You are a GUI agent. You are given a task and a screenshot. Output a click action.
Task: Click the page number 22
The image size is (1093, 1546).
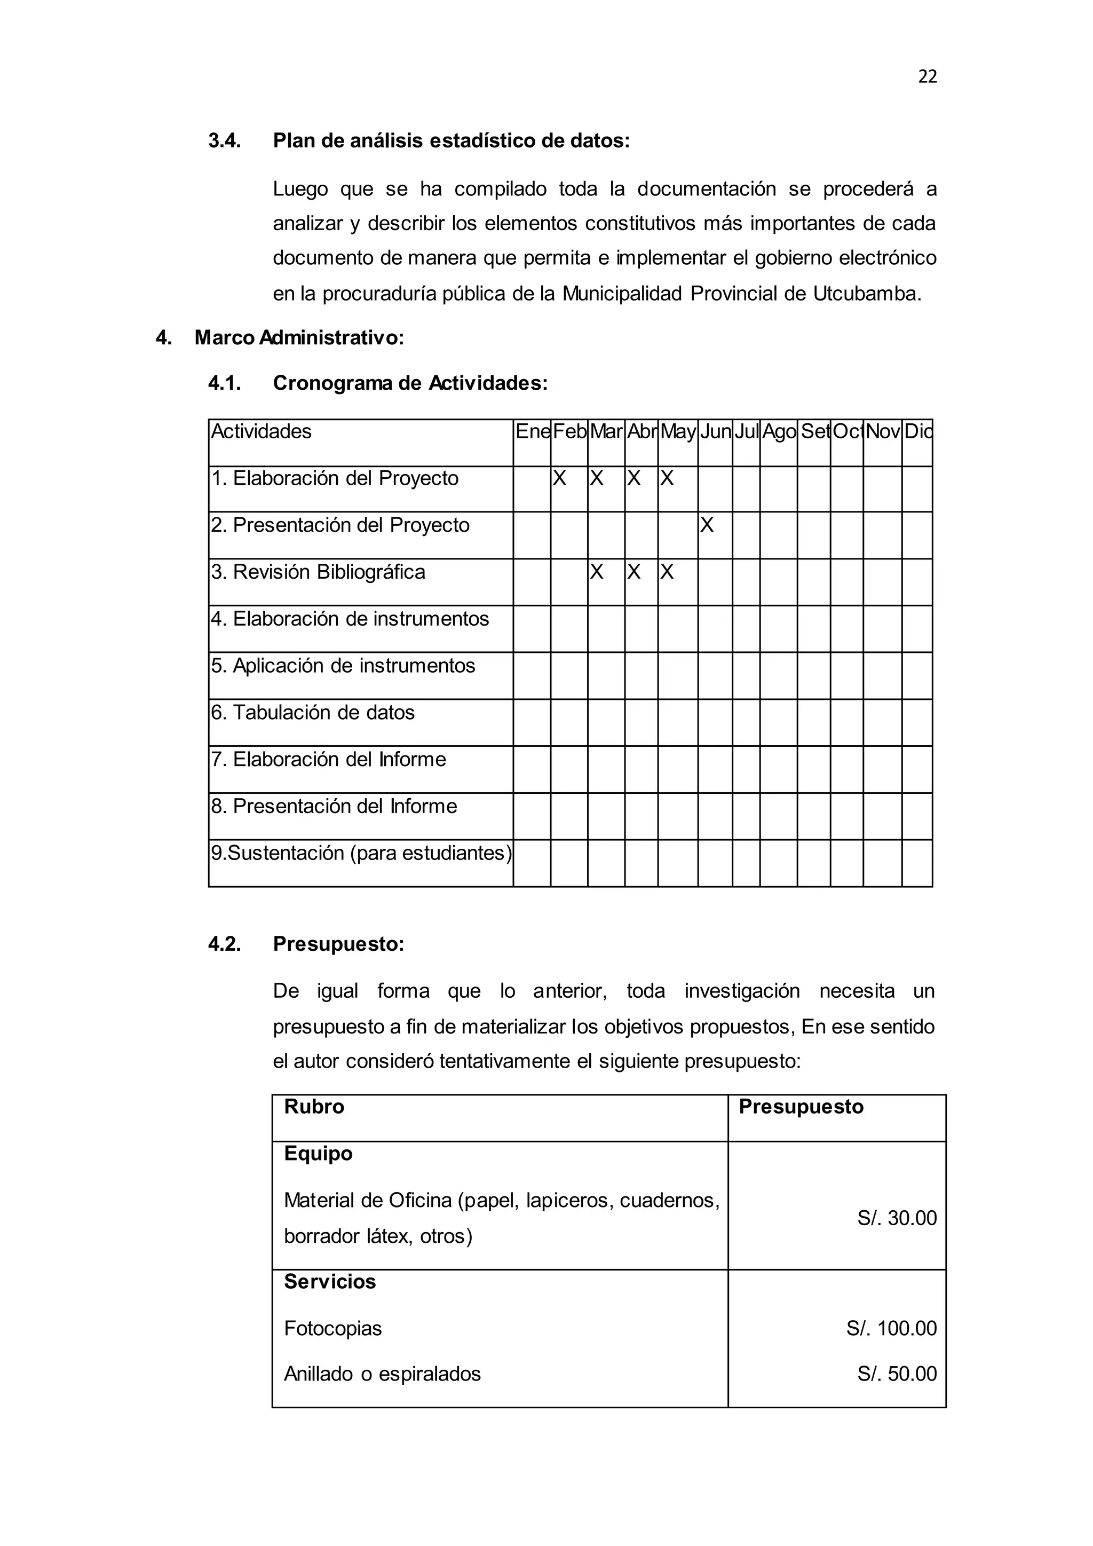point(927,77)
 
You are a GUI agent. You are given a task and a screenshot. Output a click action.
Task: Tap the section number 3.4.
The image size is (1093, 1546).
point(224,141)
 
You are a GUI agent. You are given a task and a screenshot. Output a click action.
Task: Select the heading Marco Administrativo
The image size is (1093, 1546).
point(299,337)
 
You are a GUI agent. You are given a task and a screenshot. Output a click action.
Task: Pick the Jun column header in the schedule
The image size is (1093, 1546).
point(715,432)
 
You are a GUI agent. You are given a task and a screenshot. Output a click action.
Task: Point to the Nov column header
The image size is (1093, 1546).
point(882,432)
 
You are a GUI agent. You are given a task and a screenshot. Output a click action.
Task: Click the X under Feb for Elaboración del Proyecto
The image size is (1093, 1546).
point(559,479)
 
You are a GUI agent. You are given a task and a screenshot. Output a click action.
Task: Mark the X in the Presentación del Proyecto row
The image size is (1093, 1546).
point(706,525)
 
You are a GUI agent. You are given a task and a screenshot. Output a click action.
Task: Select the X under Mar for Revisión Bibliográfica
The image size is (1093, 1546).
point(596,572)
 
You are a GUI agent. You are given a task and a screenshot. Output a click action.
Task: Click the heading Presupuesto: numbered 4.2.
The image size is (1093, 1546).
point(338,944)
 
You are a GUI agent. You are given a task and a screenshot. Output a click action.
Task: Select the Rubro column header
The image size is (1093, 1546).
point(314,1106)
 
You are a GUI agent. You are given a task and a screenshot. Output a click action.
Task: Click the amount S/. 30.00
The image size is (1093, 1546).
point(897,1218)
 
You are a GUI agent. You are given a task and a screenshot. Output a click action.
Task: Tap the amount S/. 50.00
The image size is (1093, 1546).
point(897,1374)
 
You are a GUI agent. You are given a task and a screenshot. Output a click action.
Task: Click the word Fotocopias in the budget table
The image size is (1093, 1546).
point(332,1329)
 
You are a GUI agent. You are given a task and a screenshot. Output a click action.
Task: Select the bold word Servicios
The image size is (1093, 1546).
point(330,1281)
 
